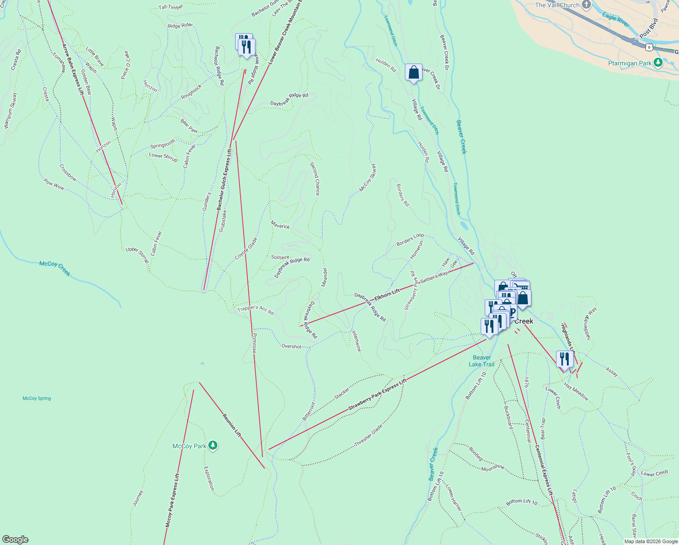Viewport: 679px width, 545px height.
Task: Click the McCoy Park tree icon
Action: coord(213,446)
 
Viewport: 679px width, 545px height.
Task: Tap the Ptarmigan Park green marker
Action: coord(658,63)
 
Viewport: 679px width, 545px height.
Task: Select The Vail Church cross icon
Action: coord(586,5)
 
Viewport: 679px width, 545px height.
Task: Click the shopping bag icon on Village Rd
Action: coord(413,72)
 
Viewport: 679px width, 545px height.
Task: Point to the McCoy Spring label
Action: coord(37,398)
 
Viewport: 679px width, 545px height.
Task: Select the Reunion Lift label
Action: coord(231,425)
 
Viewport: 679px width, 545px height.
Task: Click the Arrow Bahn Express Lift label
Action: coord(73,69)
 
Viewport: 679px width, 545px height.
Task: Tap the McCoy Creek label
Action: coord(54,268)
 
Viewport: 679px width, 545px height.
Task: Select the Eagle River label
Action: coord(615,20)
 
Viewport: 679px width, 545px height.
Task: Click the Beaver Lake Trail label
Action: coord(482,361)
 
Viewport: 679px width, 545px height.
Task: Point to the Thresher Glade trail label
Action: coord(368,435)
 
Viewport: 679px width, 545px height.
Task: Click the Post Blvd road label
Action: coord(649,28)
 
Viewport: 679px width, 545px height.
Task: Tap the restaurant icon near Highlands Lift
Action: coord(564,359)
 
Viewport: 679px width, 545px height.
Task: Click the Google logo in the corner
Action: coord(15,540)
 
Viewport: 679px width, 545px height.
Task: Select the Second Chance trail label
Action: coord(315,178)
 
